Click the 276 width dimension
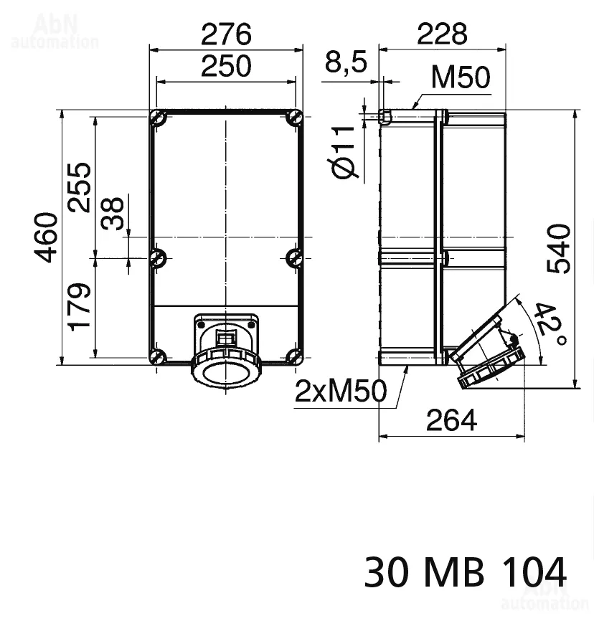(x=226, y=34)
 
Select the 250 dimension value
(x=226, y=66)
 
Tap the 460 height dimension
(x=47, y=237)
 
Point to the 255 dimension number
(x=80, y=187)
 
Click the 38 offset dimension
(x=113, y=213)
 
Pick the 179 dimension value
(x=80, y=306)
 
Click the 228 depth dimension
(x=442, y=34)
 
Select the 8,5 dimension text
(x=346, y=62)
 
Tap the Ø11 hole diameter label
(x=342, y=153)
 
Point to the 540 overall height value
(x=559, y=248)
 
